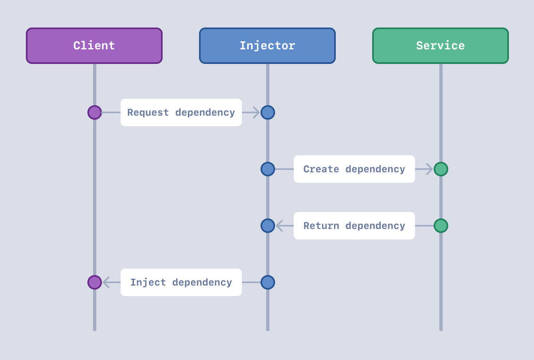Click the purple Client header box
94,46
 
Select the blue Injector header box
267,46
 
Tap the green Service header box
441,46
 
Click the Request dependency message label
181,112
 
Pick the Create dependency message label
354,169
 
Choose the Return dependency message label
354,226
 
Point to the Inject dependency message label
181,282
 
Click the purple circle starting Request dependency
95,112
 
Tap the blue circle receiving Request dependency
268,112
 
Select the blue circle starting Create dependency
268,169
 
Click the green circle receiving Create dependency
441,169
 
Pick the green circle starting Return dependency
441,226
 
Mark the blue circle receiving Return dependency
268,226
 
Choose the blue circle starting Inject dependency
268,282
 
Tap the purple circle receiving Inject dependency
95,282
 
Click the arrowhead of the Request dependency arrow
256,112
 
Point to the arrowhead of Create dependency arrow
430,169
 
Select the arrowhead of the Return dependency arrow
279,226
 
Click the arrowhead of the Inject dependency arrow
106,282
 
